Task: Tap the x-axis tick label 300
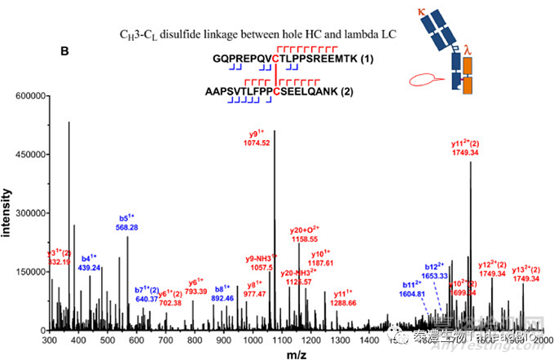coord(51,340)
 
